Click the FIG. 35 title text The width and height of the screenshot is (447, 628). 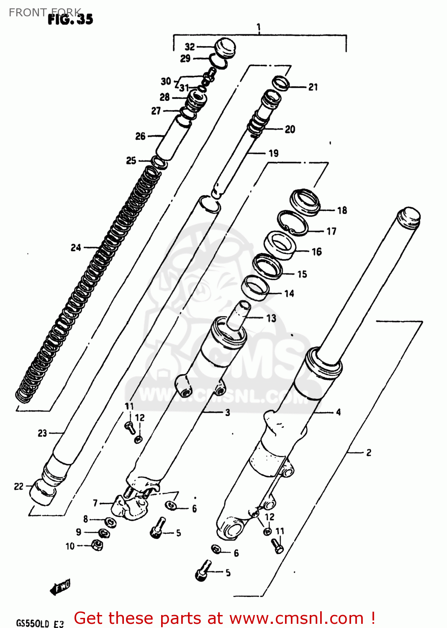point(70,19)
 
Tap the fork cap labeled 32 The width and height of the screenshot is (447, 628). point(225,46)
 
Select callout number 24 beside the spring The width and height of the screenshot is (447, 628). point(76,247)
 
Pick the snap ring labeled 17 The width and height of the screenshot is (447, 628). point(293,223)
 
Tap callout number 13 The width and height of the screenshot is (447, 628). point(271,318)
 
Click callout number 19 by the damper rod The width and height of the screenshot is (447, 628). point(274,153)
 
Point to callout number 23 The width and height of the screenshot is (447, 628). point(42,433)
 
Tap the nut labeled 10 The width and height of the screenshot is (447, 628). point(97,545)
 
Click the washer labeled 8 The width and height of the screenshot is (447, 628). point(110,522)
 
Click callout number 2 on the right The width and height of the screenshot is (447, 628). point(368,453)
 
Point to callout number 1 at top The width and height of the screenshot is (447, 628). point(259,28)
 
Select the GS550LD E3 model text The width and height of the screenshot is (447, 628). point(40,623)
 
